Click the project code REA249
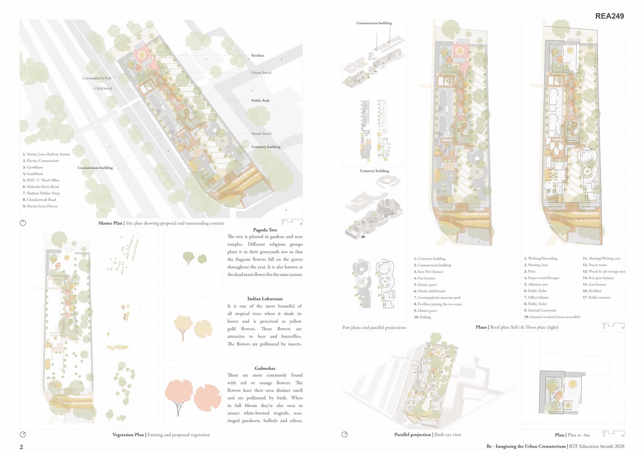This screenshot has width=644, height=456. (x=609, y=16)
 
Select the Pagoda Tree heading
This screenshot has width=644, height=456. (x=265, y=230)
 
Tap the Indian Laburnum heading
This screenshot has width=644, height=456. (x=265, y=299)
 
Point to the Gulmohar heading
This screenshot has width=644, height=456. (x=265, y=368)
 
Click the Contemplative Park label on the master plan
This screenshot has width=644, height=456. (x=97, y=78)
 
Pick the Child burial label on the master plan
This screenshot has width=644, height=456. (x=103, y=88)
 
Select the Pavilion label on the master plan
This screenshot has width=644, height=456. (x=257, y=55)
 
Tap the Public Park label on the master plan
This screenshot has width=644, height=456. (x=260, y=100)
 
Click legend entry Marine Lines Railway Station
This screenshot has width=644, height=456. (x=47, y=154)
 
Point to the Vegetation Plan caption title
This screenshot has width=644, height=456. (x=128, y=435)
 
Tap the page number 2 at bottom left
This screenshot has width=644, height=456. (x=21, y=447)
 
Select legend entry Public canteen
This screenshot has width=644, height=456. (x=596, y=297)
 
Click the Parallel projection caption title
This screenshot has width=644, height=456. (x=412, y=435)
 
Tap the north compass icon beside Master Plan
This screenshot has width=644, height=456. (x=23, y=223)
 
